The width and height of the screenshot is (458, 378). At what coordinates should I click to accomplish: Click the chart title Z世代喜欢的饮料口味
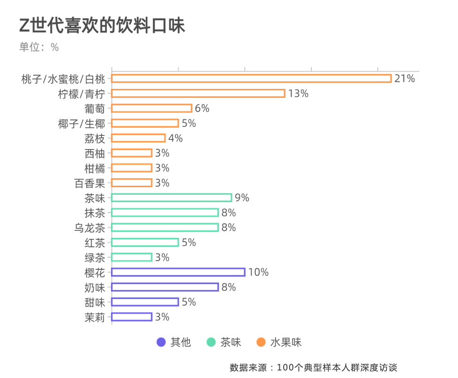click(102, 26)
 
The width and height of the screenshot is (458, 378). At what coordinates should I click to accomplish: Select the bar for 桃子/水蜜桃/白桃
click(252, 79)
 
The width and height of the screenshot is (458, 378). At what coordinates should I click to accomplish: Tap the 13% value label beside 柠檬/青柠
click(298, 94)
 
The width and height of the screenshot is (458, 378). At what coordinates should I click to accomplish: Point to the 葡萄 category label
click(95, 109)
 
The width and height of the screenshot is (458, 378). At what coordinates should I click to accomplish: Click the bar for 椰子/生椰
click(145, 123)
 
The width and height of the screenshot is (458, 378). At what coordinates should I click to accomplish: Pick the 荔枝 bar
click(139, 138)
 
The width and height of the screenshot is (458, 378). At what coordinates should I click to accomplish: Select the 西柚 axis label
click(95, 153)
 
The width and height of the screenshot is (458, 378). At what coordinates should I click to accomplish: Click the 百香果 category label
click(89, 183)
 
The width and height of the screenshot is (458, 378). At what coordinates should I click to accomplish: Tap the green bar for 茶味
click(172, 198)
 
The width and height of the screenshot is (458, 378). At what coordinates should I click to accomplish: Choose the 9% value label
click(242, 198)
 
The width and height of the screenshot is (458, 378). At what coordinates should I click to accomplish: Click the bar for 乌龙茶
click(165, 228)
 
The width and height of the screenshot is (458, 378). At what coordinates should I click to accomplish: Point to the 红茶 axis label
click(95, 243)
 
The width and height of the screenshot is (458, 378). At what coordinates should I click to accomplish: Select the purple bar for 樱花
click(178, 272)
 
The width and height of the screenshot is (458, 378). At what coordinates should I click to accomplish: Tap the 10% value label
click(258, 272)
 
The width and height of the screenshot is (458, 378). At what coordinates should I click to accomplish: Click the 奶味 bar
click(165, 287)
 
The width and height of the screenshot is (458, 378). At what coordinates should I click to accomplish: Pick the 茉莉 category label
click(95, 317)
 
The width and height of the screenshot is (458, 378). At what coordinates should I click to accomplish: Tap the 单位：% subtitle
click(39, 47)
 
